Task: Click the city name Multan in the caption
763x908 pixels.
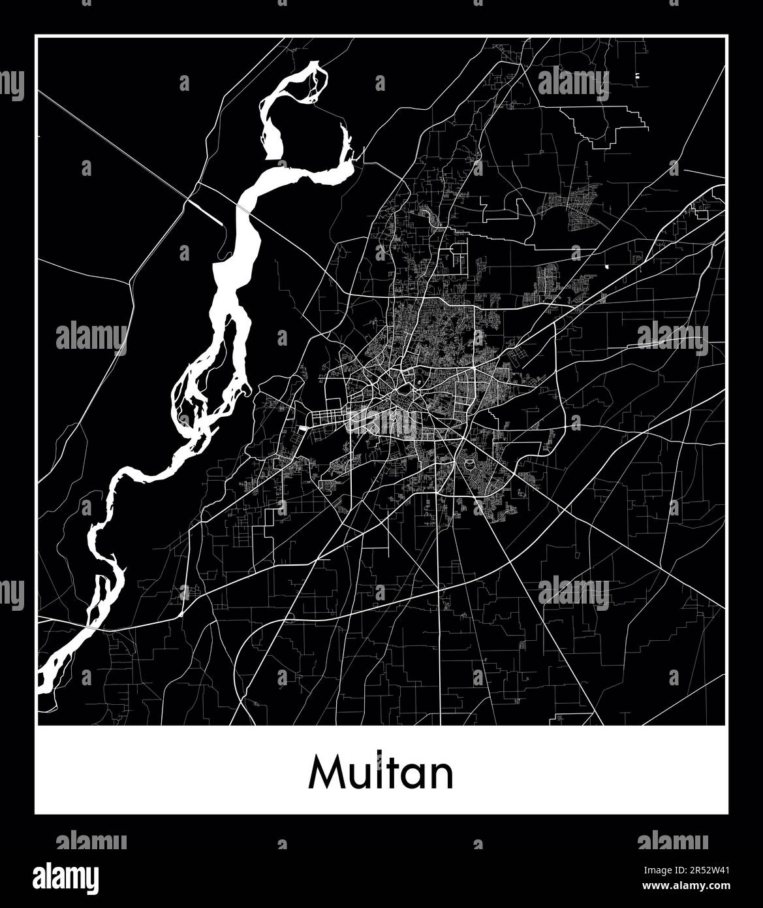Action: (x=381, y=773)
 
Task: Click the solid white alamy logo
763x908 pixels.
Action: (x=65, y=879)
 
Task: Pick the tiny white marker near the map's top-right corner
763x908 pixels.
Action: (x=636, y=77)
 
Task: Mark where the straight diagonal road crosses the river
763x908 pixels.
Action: (x=242, y=208)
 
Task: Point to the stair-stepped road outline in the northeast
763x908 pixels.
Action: (x=607, y=124)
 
